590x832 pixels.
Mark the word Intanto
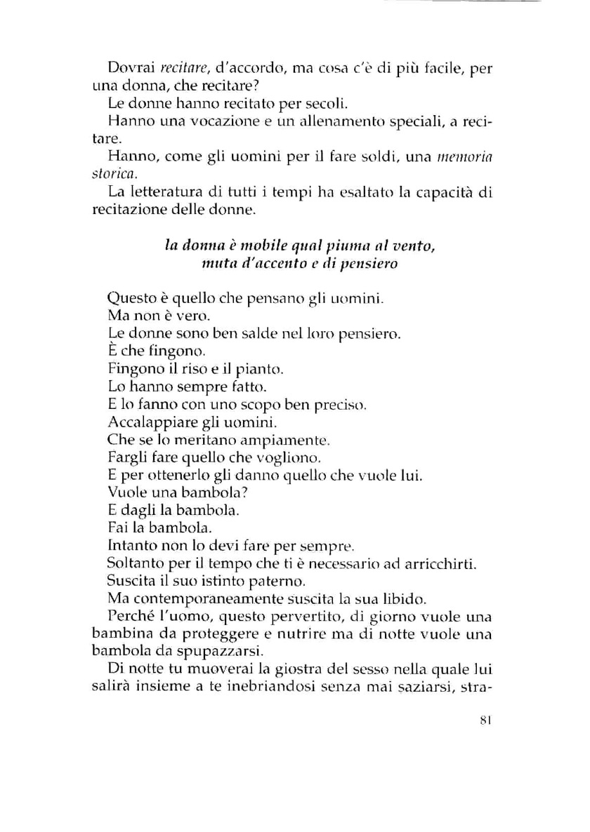[x=129, y=544]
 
